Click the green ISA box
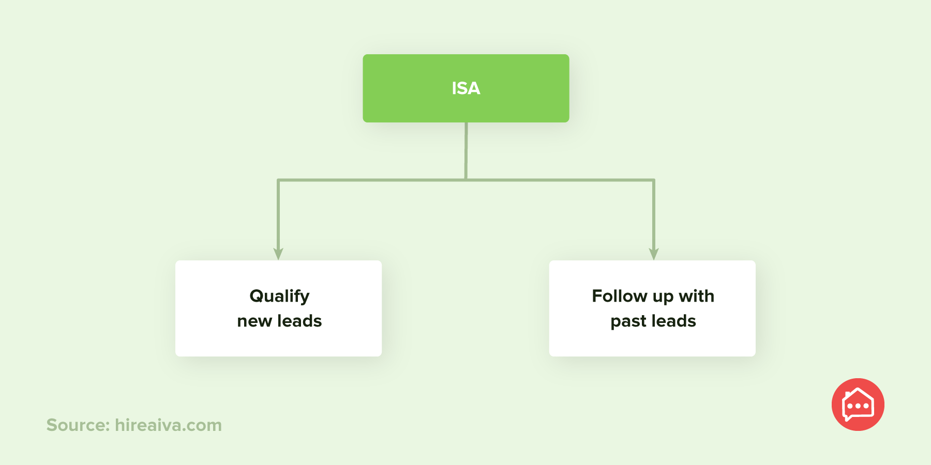(x=466, y=88)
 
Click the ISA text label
(x=466, y=88)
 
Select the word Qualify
(x=279, y=297)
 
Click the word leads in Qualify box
(x=300, y=321)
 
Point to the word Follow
(x=620, y=296)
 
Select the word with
(x=696, y=296)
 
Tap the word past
(x=628, y=322)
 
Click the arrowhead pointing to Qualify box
(x=278, y=254)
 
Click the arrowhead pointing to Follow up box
(x=654, y=254)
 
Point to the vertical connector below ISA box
(x=466, y=151)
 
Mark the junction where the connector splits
(x=466, y=180)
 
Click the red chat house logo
(x=858, y=405)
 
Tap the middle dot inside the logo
(x=858, y=406)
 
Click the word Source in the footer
(x=78, y=425)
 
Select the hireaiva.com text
(x=168, y=425)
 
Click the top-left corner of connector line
(x=278, y=180)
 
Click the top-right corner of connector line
(x=654, y=180)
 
